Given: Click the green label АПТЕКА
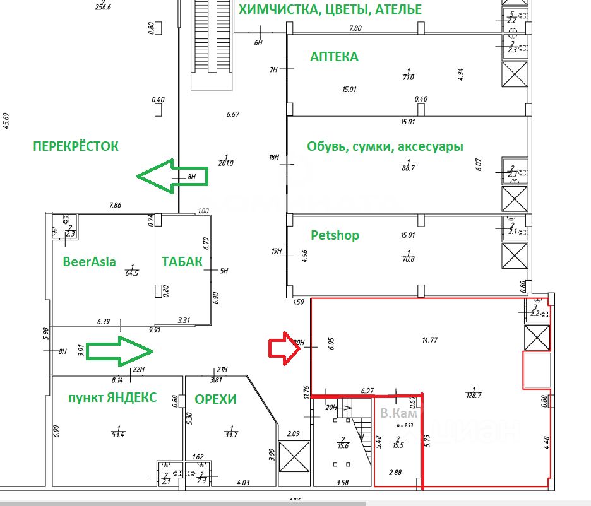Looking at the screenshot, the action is pos(334,57).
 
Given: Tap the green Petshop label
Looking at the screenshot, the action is pos(335,235).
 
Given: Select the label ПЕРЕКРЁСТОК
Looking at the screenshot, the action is pos(75,146).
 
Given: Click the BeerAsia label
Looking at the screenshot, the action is pos(89,261).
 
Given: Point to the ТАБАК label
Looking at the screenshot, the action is pos(182,262).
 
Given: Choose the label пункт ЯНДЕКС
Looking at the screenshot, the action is pos(112,397).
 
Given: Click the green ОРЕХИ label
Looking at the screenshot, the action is pos(215,399).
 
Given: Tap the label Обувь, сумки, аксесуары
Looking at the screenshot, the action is pos(385,146).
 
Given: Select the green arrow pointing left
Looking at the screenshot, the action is pos(172,176).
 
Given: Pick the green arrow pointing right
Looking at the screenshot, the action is pos(119,351).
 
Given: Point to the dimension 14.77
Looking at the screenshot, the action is pos(429,340).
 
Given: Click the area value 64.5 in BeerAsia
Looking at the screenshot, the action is pos(132,273).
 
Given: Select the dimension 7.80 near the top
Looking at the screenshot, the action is pos(355,28).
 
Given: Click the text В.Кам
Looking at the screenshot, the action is pos(398,414).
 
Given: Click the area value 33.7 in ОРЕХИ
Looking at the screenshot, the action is pos(231,434).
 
